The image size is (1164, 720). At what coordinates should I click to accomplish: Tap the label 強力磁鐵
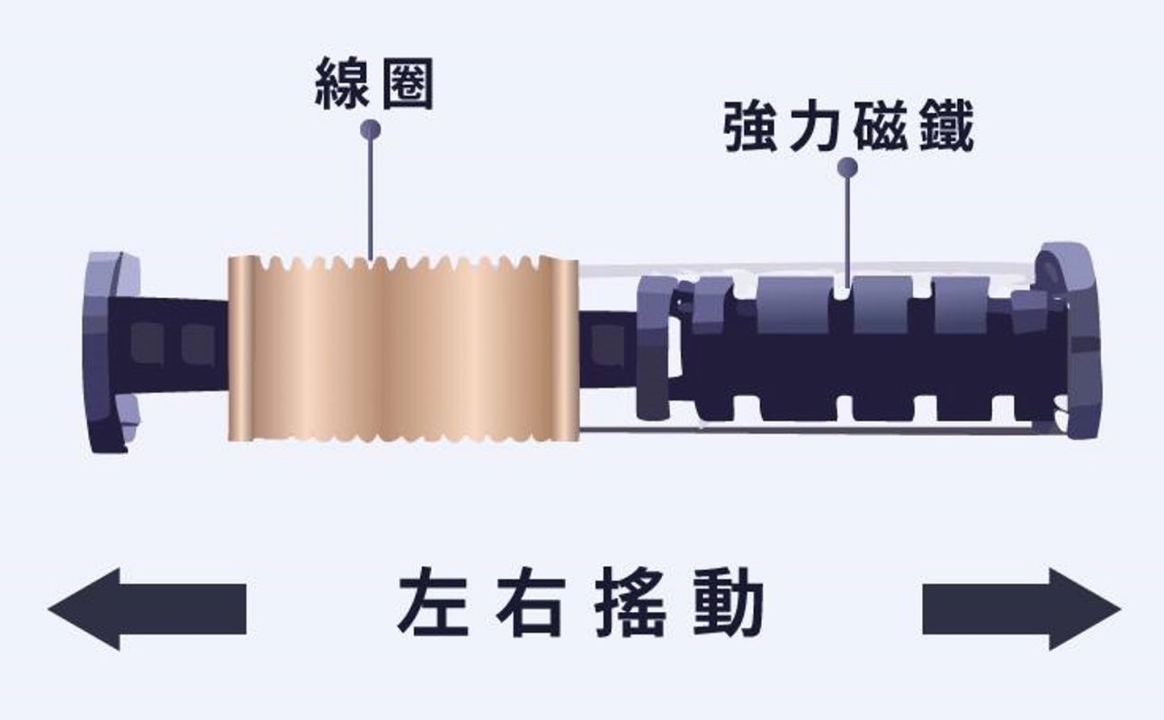coord(848,129)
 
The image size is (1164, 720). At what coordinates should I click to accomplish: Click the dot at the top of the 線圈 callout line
coord(370,130)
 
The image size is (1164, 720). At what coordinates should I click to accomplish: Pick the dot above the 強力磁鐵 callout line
coord(846,167)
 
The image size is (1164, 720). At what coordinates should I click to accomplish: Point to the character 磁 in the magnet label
coord(881,129)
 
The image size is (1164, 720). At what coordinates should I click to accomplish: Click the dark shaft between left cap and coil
coord(180,342)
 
